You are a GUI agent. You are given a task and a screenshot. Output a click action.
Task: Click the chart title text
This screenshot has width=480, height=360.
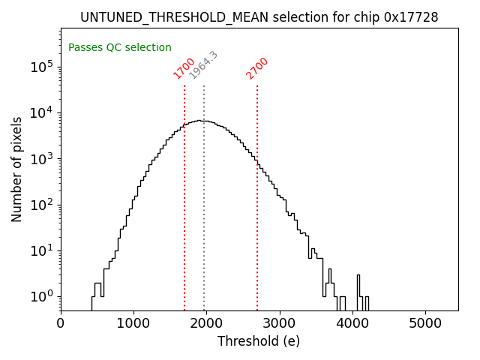pyautogui.click(x=259, y=16)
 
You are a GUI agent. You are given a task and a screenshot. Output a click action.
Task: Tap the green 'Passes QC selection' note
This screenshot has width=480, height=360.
pyautogui.click(x=120, y=47)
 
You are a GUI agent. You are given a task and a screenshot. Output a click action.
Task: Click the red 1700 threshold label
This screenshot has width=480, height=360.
pyautogui.click(x=184, y=68)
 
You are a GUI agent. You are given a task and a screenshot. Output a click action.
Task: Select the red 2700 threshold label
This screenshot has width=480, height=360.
pyautogui.click(x=256, y=68)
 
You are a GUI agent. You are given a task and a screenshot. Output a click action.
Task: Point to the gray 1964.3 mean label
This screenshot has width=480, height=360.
pyautogui.click(x=203, y=65)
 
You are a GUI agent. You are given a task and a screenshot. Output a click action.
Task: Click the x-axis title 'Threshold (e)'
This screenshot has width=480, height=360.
pyautogui.click(x=259, y=342)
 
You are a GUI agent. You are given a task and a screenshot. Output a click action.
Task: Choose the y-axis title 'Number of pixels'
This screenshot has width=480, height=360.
pyautogui.click(x=17, y=169)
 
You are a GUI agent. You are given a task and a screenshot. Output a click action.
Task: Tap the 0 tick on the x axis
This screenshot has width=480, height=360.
pyautogui.click(x=61, y=323)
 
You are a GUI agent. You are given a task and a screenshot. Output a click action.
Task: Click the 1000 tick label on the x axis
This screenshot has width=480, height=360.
pyautogui.click(x=133, y=323)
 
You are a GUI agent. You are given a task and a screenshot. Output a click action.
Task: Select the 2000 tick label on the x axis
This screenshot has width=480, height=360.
pyautogui.click(x=206, y=323)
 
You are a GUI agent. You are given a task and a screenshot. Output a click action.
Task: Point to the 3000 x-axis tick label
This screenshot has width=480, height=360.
pyautogui.click(x=280, y=323)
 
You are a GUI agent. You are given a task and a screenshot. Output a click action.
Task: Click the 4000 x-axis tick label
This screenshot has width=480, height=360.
pyautogui.click(x=352, y=323)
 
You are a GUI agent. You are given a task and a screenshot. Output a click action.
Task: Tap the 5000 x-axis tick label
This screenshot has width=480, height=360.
pyautogui.click(x=425, y=323)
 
